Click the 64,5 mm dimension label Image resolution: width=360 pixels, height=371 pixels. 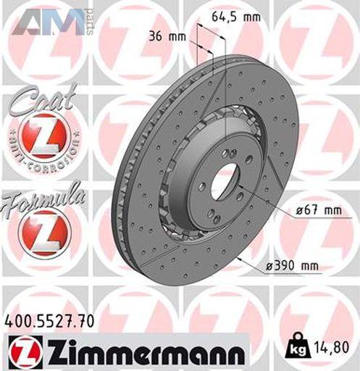(236, 17)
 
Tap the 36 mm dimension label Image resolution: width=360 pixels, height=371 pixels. (167, 36)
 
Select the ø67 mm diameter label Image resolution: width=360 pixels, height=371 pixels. (319, 211)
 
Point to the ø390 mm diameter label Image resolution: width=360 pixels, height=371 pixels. (292, 266)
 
